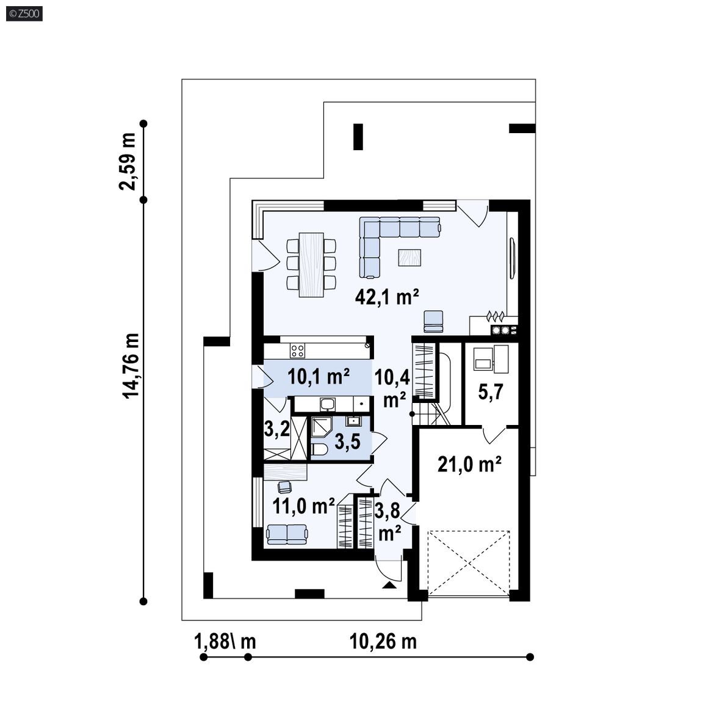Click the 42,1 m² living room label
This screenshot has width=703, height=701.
[x=386, y=296]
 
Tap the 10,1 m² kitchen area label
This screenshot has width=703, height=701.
[x=319, y=376]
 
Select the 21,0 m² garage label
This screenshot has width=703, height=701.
[x=469, y=464]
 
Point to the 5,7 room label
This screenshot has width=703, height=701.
[x=491, y=392]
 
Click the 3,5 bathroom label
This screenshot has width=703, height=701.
[x=347, y=441]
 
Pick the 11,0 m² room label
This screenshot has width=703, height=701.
[x=303, y=506]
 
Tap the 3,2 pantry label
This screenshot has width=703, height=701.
[x=276, y=429]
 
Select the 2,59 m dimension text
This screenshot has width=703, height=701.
[x=128, y=161]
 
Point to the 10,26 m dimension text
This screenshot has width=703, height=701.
[x=383, y=642]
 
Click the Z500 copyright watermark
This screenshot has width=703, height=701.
[x=24, y=14]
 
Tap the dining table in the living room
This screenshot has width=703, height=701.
[x=311, y=264]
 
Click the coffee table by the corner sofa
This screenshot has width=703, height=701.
[x=409, y=258]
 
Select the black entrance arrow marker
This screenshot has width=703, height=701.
[x=389, y=585]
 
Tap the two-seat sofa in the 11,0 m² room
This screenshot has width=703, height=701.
[x=287, y=534]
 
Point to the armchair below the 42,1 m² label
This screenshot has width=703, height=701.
[x=433, y=322]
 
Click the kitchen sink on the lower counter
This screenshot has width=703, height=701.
[x=327, y=404]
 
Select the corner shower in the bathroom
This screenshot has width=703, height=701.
[x=320, y=428]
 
